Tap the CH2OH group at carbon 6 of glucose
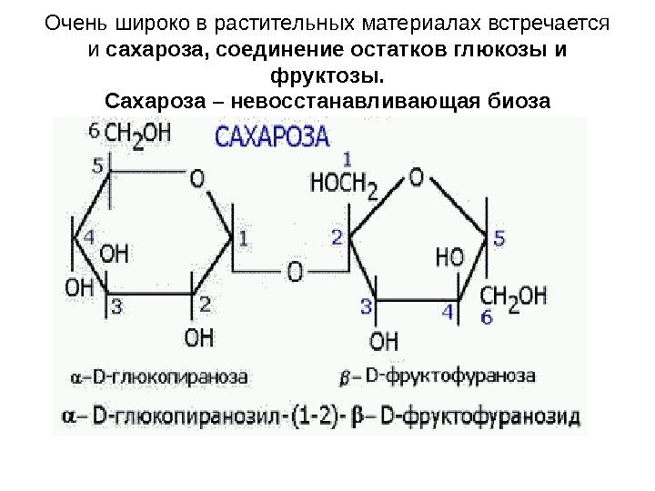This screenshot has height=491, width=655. [137, 135]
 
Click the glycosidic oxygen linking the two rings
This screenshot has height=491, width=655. [295, 270]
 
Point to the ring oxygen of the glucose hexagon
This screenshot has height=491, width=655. [196, 178]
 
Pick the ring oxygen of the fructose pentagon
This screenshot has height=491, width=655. [416, 177]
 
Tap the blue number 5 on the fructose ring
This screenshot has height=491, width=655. [499, 239]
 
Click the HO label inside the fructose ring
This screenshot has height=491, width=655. [449, 257]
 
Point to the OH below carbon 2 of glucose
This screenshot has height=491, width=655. [200, 338]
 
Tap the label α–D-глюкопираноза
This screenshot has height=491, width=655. [159, 375]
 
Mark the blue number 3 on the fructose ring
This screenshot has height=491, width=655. [367, 306]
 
